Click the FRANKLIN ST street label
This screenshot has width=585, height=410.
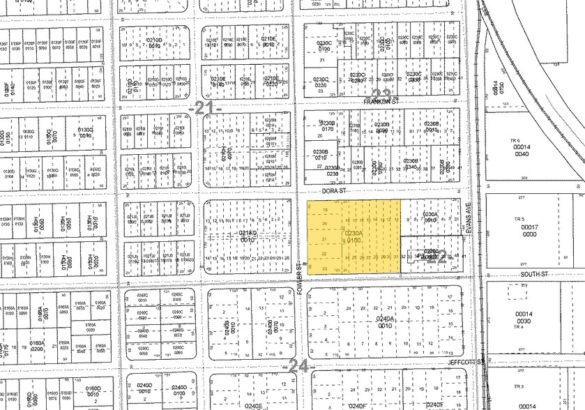coord(379,101)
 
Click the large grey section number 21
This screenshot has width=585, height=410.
coord(203,107)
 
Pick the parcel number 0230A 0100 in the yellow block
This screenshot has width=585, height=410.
coord(354,236)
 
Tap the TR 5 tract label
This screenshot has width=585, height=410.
coord(518,219)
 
